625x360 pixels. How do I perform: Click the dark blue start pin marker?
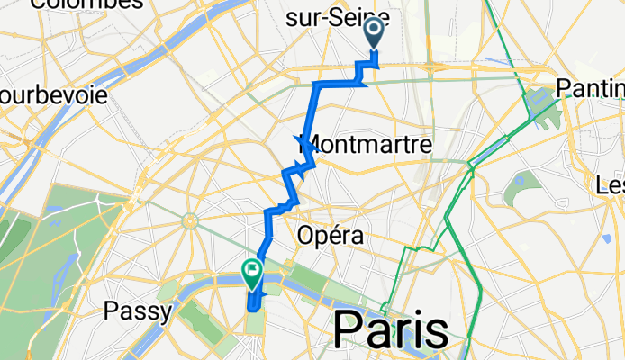[374, 34]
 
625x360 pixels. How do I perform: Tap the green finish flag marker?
[251, 270]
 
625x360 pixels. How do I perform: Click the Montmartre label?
[352, 144]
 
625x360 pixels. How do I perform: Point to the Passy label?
[138, 311]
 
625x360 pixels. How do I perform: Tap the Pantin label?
[590, 87]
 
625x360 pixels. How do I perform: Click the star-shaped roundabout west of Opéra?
[190, 220]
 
